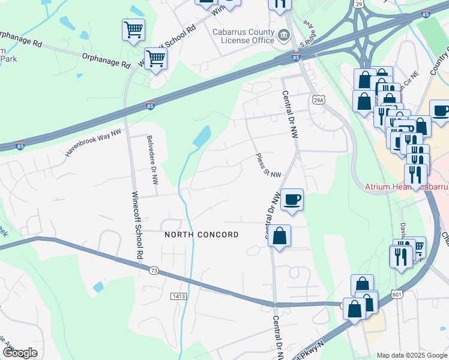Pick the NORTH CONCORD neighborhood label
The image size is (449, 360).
202,235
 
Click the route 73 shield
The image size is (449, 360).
154,271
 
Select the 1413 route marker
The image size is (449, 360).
178,296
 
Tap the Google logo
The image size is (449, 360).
20,353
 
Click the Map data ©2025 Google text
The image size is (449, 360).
411,355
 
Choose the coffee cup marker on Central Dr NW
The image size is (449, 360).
292,200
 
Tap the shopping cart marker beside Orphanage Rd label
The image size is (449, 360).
155,59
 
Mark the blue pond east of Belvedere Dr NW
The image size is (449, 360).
202,137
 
